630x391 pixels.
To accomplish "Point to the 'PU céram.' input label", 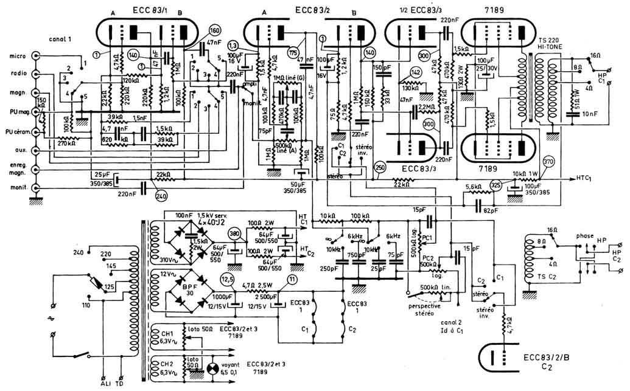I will [15, 132].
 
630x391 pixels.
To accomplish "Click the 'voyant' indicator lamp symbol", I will [213, 368].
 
